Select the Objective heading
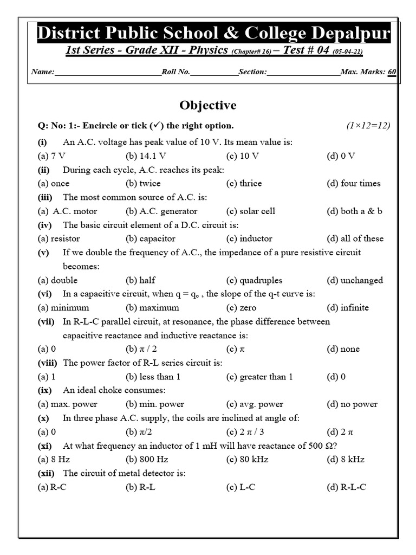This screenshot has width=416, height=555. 208,105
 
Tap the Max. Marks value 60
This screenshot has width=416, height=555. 392,72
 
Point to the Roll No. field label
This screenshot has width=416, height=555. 176,72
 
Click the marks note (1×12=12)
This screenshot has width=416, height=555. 368,126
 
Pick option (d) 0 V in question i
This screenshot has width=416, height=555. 341,156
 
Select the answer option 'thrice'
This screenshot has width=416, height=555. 244,183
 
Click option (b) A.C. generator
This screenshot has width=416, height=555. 161,211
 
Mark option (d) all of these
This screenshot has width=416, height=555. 354,238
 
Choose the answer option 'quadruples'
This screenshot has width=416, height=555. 254,280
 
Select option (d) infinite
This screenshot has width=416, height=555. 347,307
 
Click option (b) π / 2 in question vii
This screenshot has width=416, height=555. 144,349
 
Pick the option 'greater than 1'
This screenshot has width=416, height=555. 259,377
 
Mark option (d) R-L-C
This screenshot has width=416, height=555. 346,487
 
